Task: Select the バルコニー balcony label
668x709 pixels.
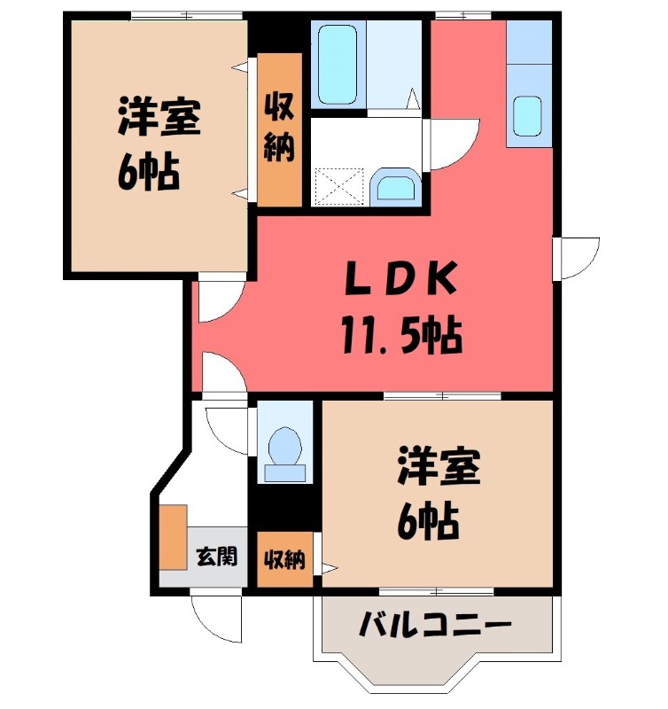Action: click(435, 627)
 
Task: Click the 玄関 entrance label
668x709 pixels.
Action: click(216, 557)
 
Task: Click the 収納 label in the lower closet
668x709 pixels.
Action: click(284, 560)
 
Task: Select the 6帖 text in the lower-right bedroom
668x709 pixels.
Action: click(427, 523)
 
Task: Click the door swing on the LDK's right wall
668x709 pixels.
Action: click(579, 257)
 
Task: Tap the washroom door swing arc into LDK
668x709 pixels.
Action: click(454, 142)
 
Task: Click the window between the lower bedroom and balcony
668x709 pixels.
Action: click(436, 590)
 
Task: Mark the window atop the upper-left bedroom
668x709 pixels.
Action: click(186, 14)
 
